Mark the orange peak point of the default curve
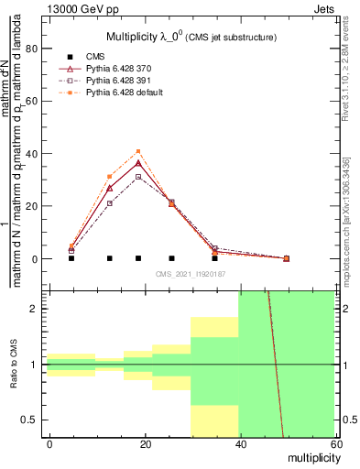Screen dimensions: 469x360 138,151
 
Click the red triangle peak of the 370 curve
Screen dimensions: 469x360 138,163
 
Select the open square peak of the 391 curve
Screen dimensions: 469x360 138,177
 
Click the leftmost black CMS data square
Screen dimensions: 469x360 71,258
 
